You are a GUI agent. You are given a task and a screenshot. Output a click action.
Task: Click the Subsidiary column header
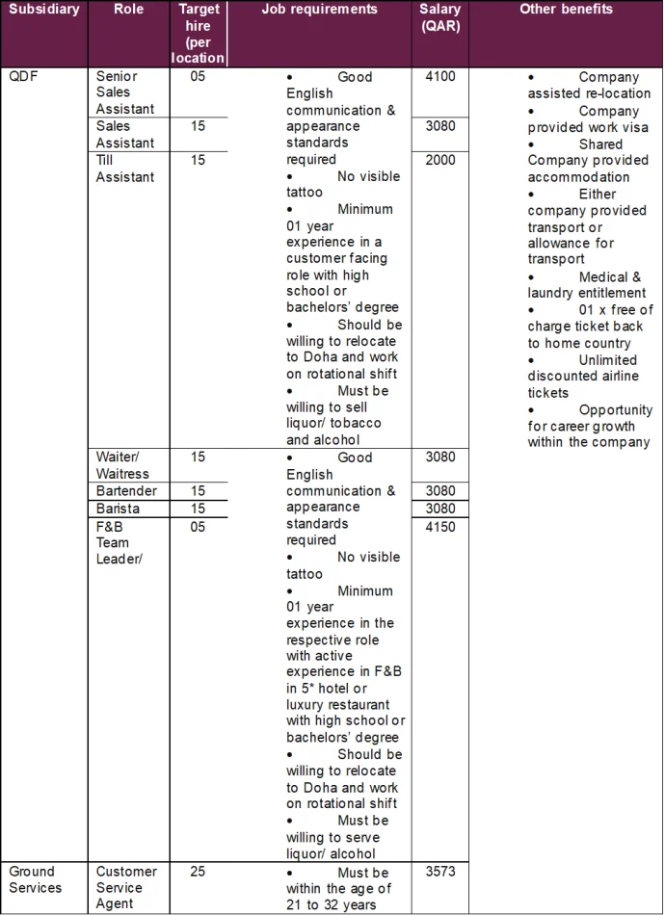[x=43, y=10]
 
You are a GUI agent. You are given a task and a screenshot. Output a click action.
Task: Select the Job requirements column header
[x=319, y=10]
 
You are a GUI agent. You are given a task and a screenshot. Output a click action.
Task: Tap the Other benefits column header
[x=566, y=10]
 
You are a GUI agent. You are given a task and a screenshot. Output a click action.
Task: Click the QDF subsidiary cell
[x=23, y=76]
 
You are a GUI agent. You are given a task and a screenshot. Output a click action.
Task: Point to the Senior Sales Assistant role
[x=117, y=92]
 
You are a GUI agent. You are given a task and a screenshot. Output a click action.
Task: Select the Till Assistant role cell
[x=124, y=169]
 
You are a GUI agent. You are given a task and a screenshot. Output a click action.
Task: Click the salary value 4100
[x=440, y=76]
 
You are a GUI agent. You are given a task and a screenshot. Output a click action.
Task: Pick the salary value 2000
[x=440, y=160]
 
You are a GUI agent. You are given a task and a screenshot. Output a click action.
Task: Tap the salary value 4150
[x=440, y=527]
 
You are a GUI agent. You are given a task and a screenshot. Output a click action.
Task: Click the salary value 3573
[x=440, y=871]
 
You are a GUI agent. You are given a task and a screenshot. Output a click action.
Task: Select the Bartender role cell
[x=126, y=491]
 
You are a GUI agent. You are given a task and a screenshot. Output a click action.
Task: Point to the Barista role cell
[x=118, y=509]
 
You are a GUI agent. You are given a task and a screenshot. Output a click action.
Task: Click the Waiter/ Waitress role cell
[x=122, y=465]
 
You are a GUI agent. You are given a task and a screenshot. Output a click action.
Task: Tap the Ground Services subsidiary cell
[x=35, y=879]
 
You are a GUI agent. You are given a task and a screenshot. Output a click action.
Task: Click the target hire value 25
[x=198, y=871]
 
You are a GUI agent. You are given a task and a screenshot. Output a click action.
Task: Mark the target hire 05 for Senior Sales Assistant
[x=198, y=76]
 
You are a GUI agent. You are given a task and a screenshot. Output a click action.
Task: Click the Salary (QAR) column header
[x=440, y=17]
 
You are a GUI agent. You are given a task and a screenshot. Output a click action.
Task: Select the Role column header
[x=128, y=10]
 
